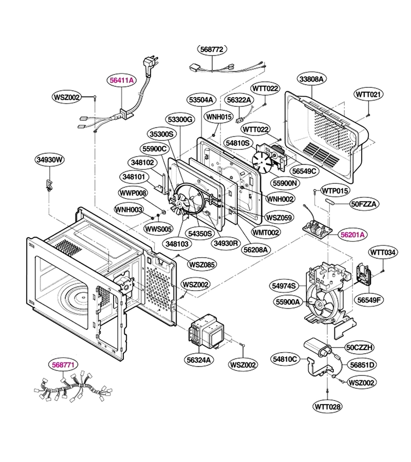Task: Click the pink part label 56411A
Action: (122, 80)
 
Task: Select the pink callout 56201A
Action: (352, 235)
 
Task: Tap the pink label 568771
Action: (63, 365)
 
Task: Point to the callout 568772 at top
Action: (212, 49)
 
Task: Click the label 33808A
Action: (311, 79)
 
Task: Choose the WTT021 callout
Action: (368, 94)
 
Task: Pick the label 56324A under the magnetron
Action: (200, 360)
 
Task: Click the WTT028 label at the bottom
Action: (328, 407)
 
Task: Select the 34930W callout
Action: (50, 160)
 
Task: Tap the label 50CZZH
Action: (359, 348)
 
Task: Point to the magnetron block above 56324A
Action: (207, 330)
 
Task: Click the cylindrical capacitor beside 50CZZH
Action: (318, 347)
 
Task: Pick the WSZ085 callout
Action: (202, 264)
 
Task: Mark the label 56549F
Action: (369, 300)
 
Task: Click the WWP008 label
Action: (133, 194)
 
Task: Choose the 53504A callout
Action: (201, 100)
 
